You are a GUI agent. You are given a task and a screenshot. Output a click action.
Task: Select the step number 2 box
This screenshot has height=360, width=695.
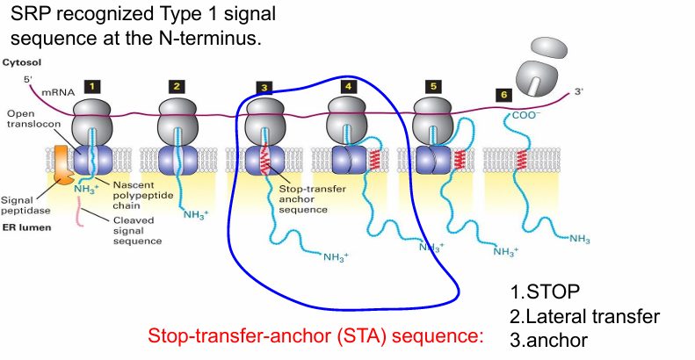tap(177, 86)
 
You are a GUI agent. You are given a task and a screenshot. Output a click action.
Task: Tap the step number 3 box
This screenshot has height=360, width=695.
tap(264, 88)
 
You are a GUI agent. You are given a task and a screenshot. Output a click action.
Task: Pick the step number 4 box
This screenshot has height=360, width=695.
tap(350, 86)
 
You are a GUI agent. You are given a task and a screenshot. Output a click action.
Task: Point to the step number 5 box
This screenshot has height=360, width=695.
tap(432, 86)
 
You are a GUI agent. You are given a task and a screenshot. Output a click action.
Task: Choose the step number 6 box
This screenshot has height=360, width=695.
tap(503, 94)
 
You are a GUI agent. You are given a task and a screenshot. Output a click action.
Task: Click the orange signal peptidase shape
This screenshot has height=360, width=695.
tap(62, 166)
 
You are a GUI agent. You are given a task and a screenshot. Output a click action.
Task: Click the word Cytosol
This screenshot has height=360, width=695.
tap(21, 63)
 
